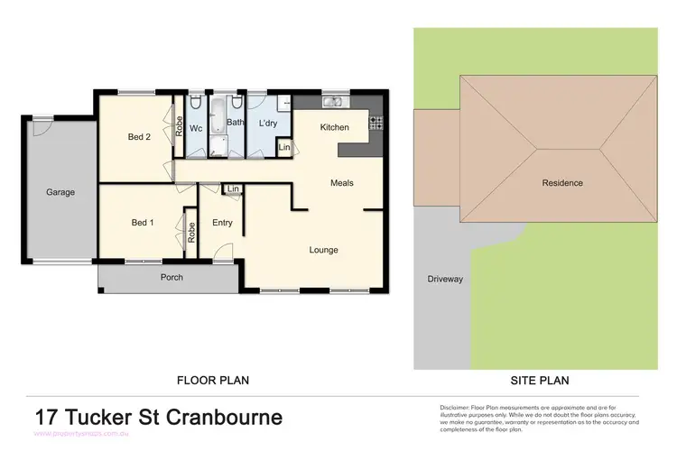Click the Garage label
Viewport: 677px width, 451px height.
pyautogui.click(x=61, y=192)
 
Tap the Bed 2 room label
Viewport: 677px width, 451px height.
pyautogui.click(x=138, y=137)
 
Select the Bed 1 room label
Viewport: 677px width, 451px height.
pyautogui.click(x=143, y=223)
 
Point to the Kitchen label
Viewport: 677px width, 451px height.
pyautogui.click(x=334, y=127)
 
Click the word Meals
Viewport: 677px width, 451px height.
pyautogui.click(x=341, y=183)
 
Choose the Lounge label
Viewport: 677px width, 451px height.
pyautogui.click(x=323, y=250)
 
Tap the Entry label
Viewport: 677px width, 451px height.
pyautogui.click(x=222, y=223)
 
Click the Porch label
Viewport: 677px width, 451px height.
pyautogui.click(x=172, y=277)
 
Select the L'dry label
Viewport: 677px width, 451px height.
pyautogui.click(x=267, y=123)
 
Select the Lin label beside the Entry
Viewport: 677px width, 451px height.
pyautogui.click(x=233, y=189)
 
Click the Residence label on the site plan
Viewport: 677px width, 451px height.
pyautogui.click(x=562, y=183)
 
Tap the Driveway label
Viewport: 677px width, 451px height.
pyautogui.click(x=445, y=279)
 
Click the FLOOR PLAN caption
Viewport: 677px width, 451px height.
pyautogui.click(x=212, y=381)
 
